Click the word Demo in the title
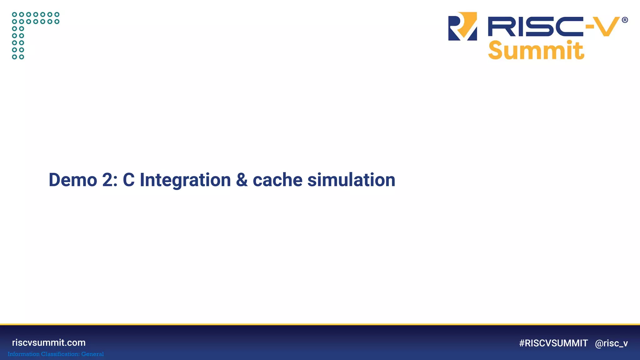pos(73,180)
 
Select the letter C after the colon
pos(128,180)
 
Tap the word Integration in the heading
pos(185,181)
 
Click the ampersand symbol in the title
pos(242,180)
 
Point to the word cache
pos(277,181)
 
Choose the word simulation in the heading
pos(351,180)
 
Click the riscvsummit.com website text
pos(49,342)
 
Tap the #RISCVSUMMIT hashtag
pos(553,343)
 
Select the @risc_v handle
pos(611,343)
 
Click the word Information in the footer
pos(23,354)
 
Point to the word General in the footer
pos(92,354)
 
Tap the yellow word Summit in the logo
pos(536,50)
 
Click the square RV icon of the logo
pos(462,26)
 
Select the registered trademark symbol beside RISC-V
pos(625,20)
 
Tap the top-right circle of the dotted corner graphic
pos(57,14)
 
